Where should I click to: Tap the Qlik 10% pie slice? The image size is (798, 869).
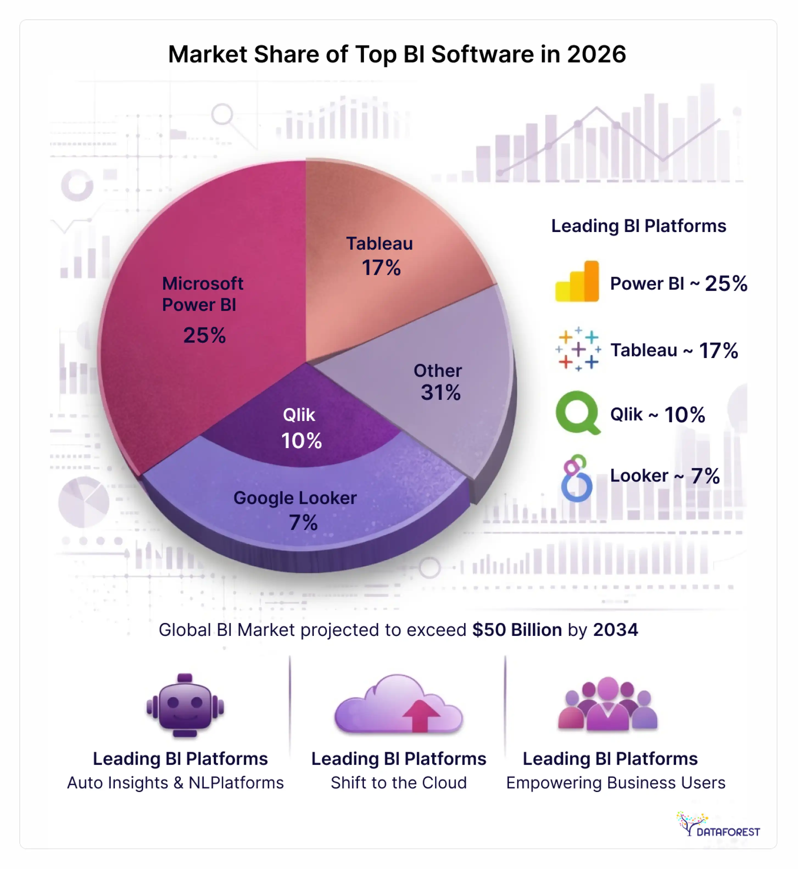tap(302, 427)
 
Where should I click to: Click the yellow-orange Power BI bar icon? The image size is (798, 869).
tap(577, 281)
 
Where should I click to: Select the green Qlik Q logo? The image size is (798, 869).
tap(577, 413)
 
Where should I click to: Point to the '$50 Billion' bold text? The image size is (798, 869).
tap(517, 630)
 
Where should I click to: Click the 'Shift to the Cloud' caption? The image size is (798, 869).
tap(398, 783)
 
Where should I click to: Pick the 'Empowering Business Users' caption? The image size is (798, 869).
tap(615, 783)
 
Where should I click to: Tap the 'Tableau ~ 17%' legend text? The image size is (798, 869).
tap(674, 350)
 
